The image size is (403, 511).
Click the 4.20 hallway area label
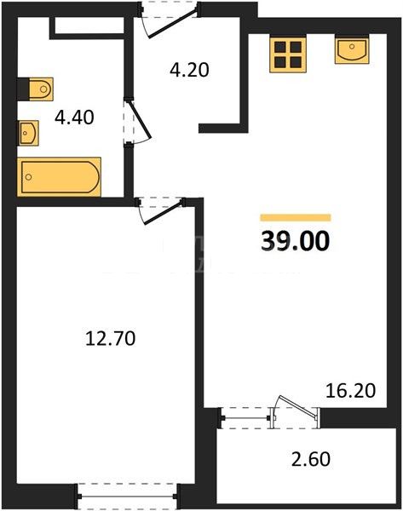189,70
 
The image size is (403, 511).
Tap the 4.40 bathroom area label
74,118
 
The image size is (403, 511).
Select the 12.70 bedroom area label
110,338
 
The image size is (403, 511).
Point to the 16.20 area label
351,390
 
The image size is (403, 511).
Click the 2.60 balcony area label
311,459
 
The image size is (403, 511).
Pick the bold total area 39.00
296,242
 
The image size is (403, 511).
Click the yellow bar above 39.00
296,218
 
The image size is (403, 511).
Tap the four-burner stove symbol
288,54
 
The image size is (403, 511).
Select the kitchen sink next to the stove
352,49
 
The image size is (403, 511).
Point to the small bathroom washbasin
29,133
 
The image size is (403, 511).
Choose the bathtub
59,177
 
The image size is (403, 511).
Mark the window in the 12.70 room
128,497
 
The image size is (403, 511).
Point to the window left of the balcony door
245,418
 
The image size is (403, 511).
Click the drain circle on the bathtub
29,177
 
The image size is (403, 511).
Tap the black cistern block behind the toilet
23,89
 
